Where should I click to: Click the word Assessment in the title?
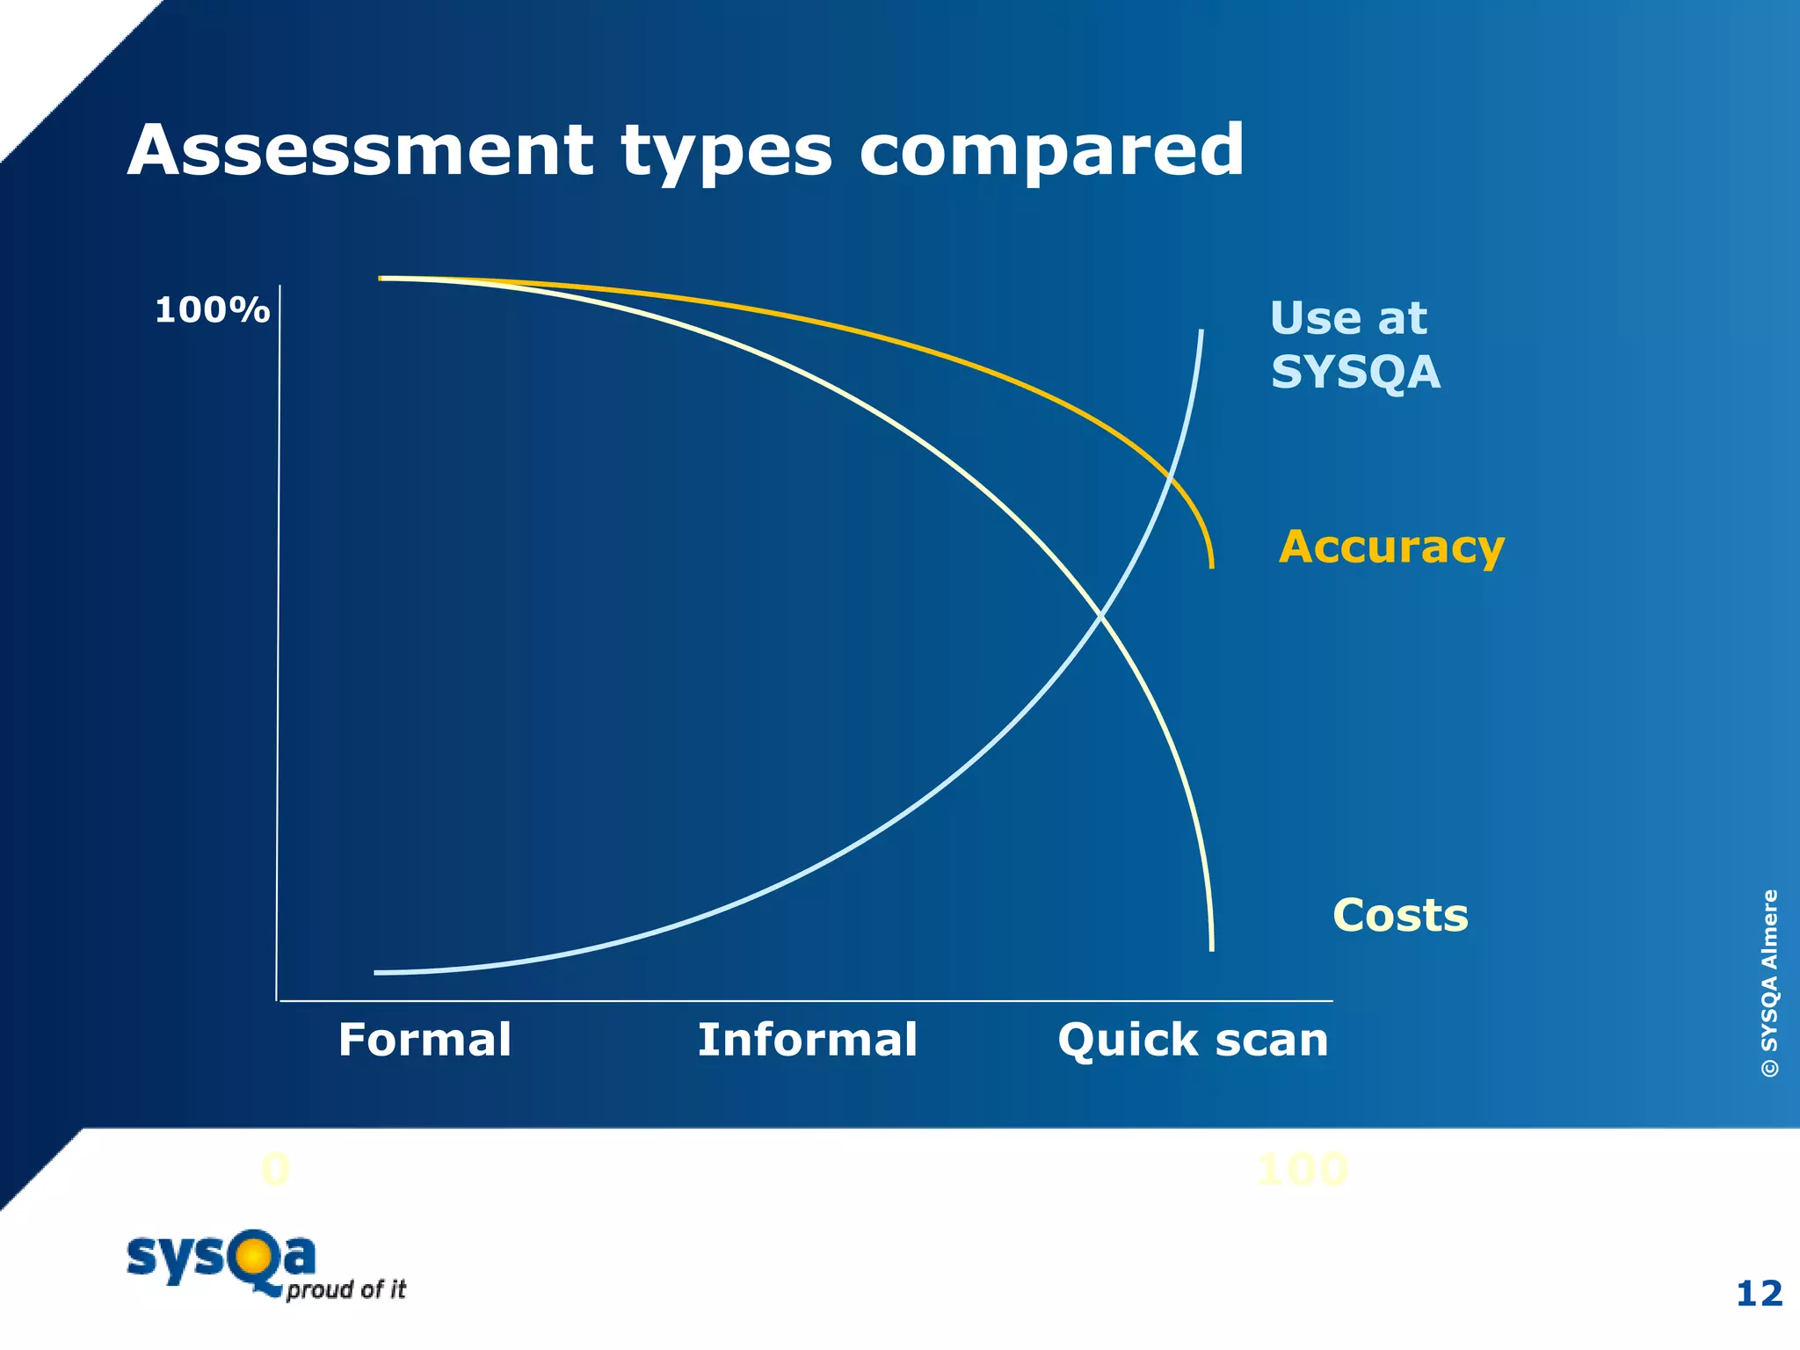(360, 151)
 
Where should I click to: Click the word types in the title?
(726, 151)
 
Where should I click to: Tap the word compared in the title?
(1051, 151)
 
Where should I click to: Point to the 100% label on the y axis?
(212, 310)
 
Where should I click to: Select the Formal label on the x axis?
(425, 1040)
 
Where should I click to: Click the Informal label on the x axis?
(807, 1040)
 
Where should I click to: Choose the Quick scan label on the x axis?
(1193, 1040)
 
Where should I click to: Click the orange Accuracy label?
(1391, 547)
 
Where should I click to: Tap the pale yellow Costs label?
(1400, 915)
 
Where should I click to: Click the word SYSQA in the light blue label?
(1355, 372)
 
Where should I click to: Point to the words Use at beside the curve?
(1348, 317)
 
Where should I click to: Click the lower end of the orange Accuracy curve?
(1212, 565)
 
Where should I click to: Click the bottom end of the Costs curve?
(1212, 947)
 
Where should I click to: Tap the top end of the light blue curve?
(1201, 333)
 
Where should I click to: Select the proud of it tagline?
(346, 1289)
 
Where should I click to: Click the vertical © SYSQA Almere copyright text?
(1769, 983)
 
